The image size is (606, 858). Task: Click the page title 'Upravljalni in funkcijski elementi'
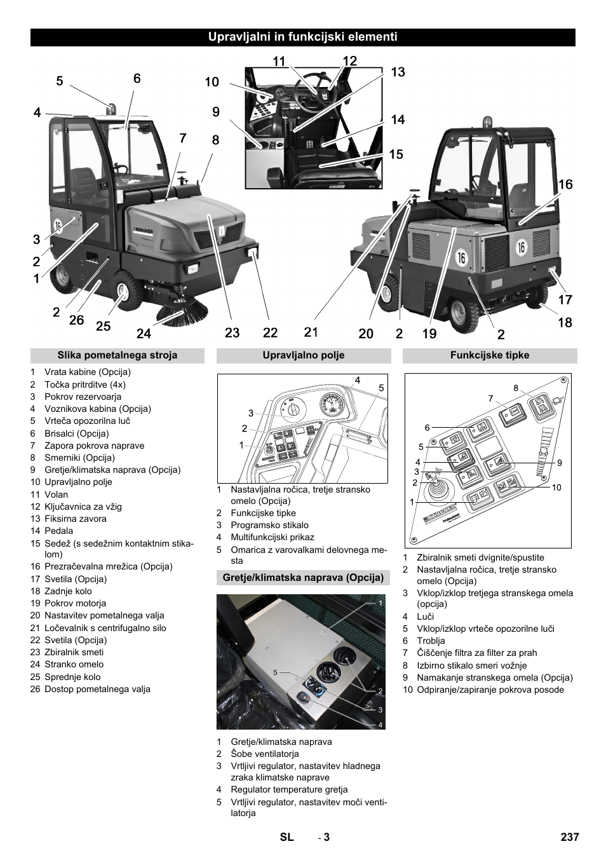(303, 37)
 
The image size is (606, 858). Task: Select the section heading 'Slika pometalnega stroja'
(118, 355)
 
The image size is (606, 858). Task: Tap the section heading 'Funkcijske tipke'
(490, 355)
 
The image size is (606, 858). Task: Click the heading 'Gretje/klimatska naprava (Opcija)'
(303, 578)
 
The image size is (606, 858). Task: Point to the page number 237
(570, 837)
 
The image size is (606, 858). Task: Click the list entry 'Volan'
(56, 494)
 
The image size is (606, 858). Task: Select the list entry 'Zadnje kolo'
(68, 591)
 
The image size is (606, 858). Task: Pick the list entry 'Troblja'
(431, 641)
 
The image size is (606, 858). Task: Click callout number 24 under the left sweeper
(144, 332)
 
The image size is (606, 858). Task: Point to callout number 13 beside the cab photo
(398, 72)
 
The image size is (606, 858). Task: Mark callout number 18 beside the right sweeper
(565, 322)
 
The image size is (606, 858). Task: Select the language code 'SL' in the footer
(287, 837)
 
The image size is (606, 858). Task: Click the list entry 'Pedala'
(58, 531)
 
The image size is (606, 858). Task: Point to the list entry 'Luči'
(425, 616)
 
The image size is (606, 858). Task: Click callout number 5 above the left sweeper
(60, 81)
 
